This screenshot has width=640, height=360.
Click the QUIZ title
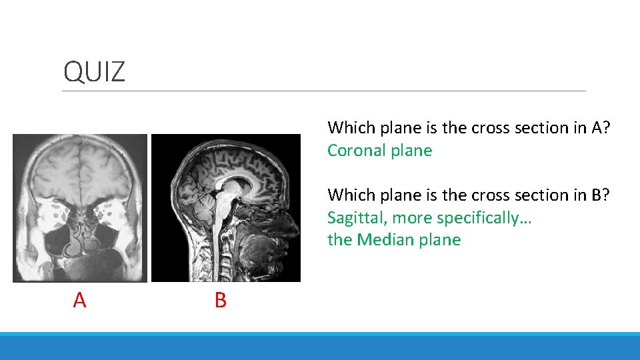[x=94, y=71]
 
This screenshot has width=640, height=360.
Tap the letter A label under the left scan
[x=79, y=301]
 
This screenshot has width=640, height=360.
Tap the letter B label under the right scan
[x=221, y=301]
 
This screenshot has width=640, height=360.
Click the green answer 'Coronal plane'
[x=379, y=151]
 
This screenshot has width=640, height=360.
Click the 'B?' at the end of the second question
[x=601, y=195]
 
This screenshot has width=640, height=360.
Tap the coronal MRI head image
[x=80, y=207]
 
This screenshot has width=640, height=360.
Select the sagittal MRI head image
[x=226, y=207]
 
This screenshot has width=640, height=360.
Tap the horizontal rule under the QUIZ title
[x=324, y=91]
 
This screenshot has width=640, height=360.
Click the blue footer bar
[x=320, y=347]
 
